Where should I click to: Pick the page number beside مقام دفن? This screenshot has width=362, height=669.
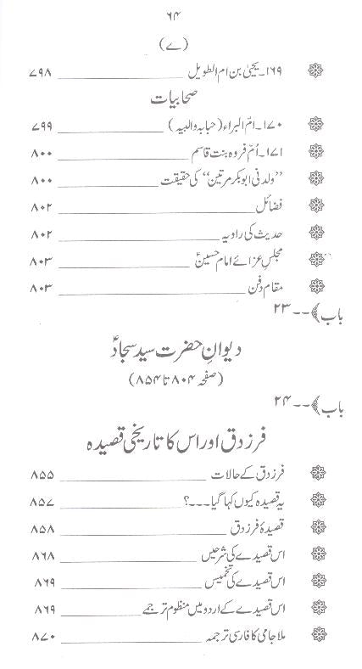(43, 285)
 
